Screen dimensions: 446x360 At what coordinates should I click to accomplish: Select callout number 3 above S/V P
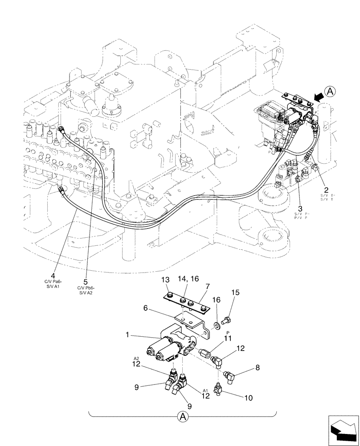300,208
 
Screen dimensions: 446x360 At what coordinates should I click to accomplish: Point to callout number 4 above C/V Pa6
53,275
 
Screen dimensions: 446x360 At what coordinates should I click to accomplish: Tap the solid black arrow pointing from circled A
317,96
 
